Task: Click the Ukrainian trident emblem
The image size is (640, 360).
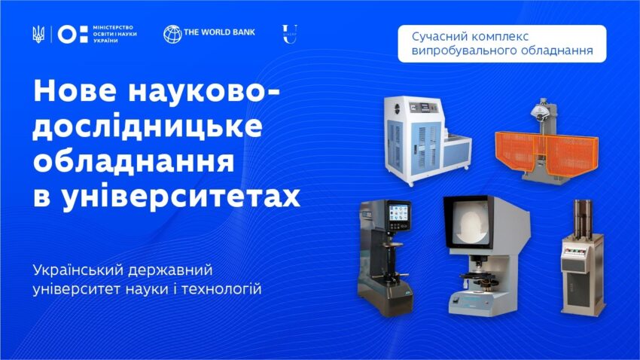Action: point(38,35)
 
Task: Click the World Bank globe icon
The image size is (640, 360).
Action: point(172,35)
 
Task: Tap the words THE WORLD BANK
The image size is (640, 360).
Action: point(219,32)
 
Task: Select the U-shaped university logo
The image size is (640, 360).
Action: point(289,35)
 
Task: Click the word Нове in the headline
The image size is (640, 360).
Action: point(75,91)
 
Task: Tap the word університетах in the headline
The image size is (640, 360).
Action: point(181,197)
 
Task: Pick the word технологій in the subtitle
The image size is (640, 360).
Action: point(221,289)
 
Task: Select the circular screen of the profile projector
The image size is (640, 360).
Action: point(469,224)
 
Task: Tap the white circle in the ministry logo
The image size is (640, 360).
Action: point(67,35)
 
